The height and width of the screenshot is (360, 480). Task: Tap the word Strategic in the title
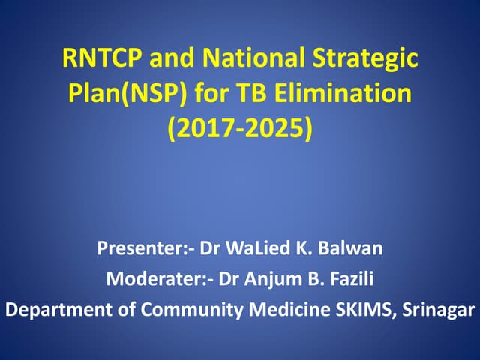[x=373, y=58]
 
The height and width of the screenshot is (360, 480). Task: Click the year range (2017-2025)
[x=240, y=128]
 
